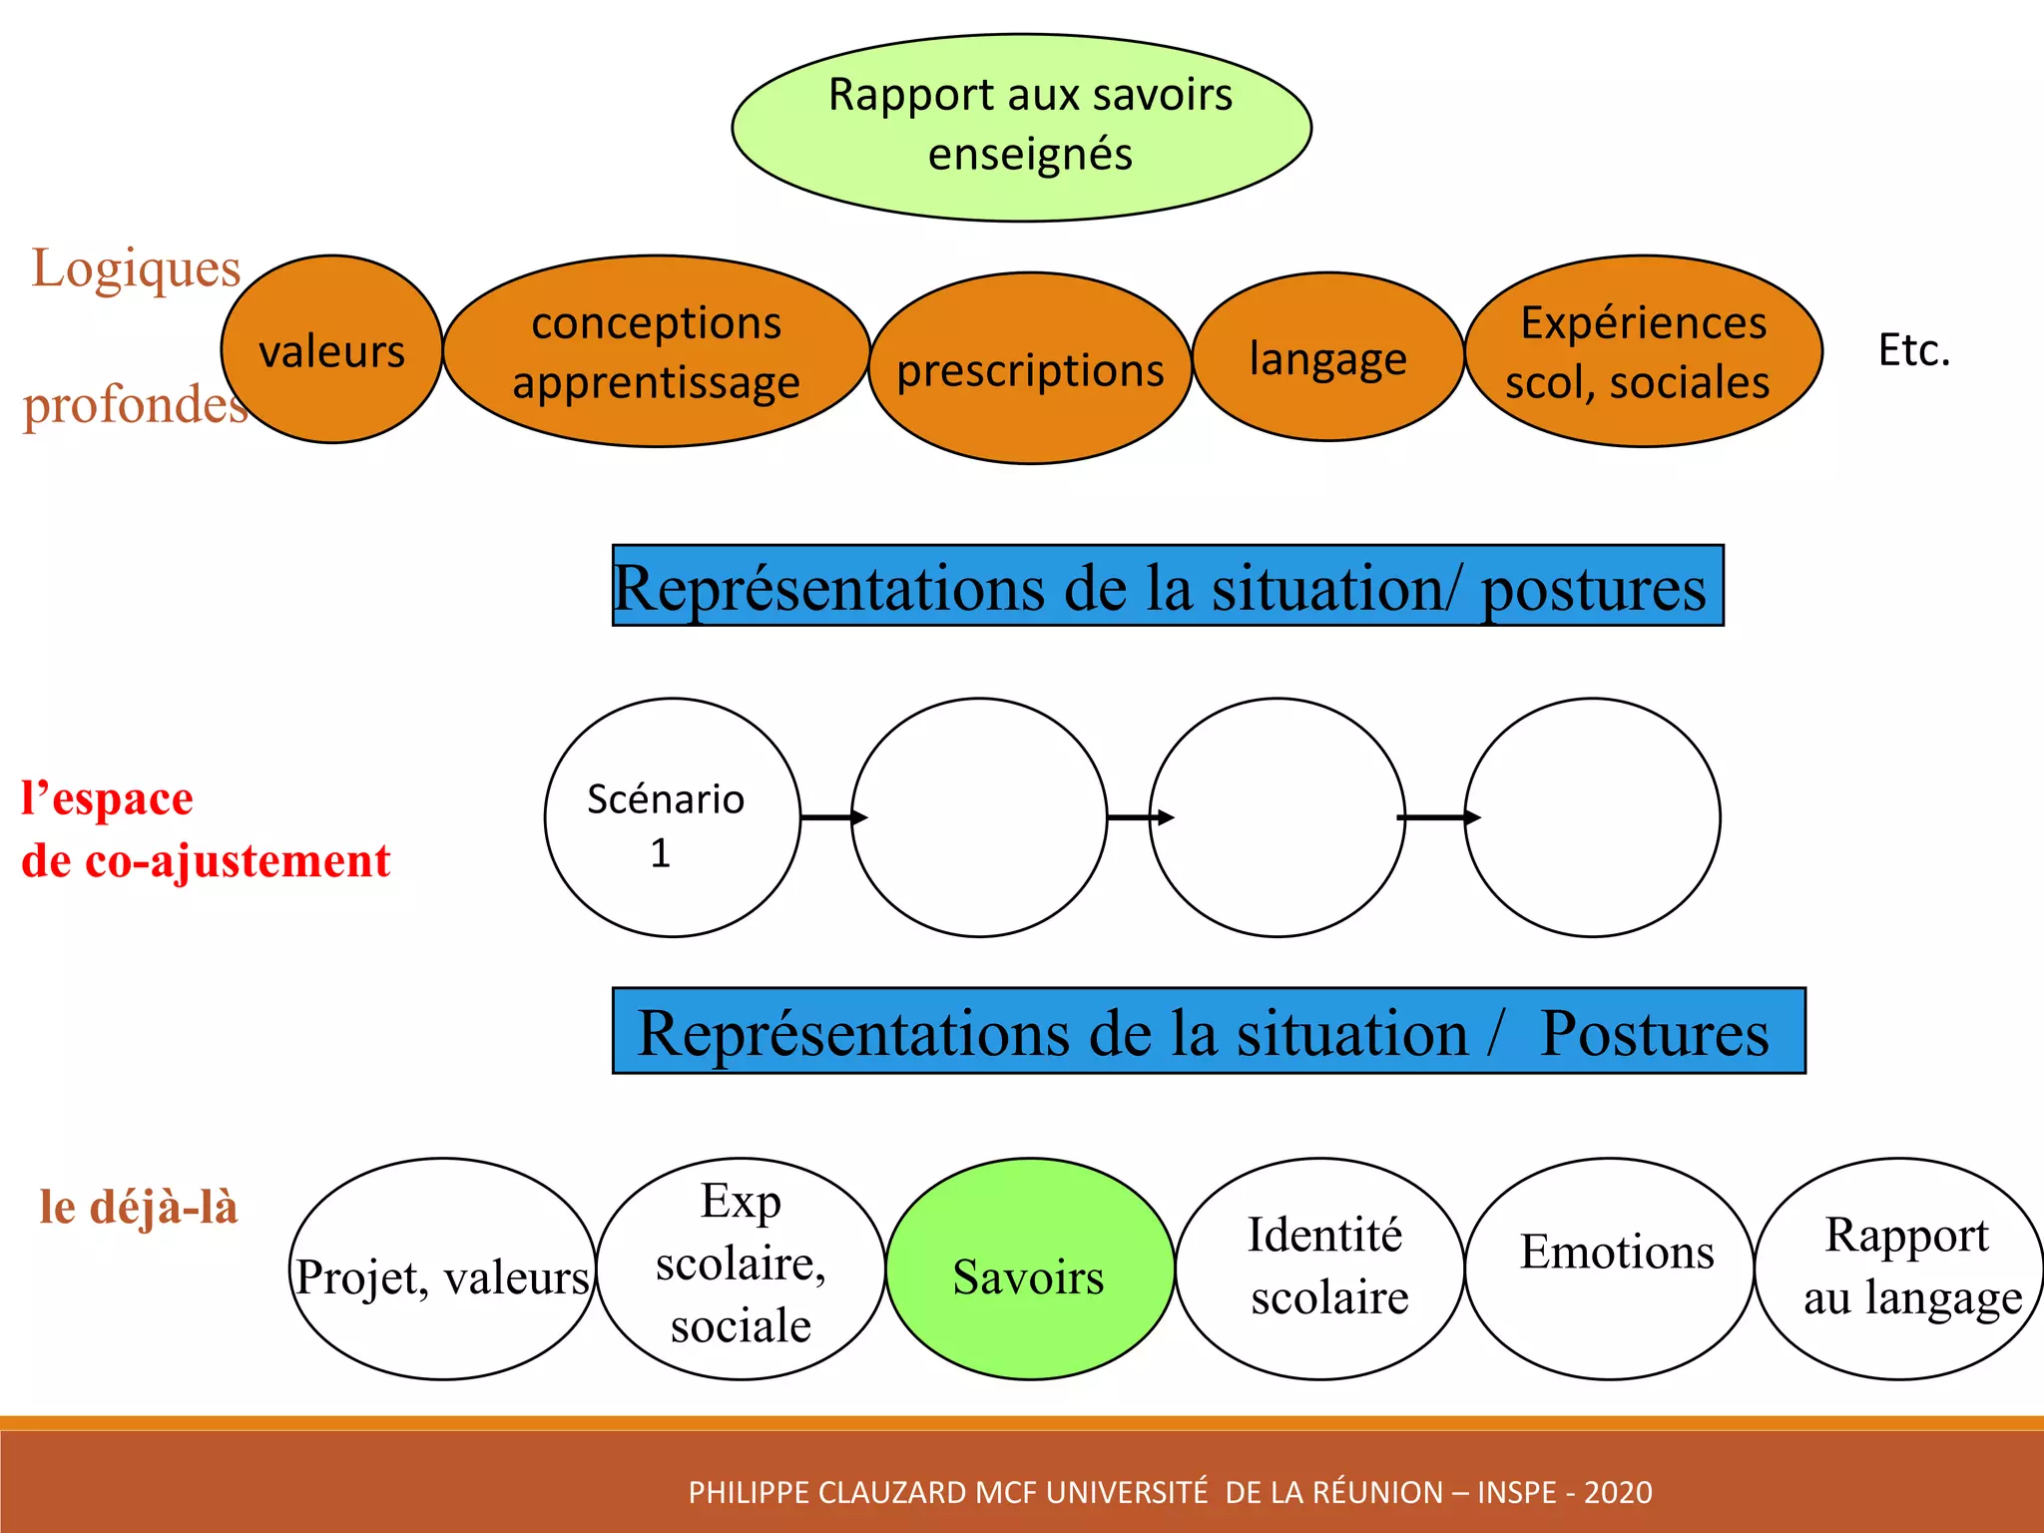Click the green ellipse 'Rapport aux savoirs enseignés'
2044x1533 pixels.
(x=1021, y=127)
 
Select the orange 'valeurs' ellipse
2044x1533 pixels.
(x=331, y=349)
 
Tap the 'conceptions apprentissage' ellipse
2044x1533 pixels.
(x=656, y=351)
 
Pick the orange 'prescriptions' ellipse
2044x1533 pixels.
(x=1030, y=369)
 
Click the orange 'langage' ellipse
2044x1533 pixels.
(x=1327, y=357)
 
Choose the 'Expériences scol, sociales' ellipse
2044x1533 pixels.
(x=1642, y=351)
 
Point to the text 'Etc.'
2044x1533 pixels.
(x=1913, y=350)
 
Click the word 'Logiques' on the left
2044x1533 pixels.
(x=136, y=267)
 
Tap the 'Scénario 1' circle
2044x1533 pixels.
(x=672, y=817)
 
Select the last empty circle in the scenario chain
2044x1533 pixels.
(x=1592, y=817)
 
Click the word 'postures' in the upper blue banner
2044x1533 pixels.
(x=1593, y=588)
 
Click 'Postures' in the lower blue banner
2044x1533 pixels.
(x=1654, y=1032)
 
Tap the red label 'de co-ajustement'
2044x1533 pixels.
(x=206, y=860)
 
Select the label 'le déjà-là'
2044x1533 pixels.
(x=139, y=1207)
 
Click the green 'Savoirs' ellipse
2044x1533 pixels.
(x=1030, y=1270)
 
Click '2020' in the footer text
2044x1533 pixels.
(x=1618, y=1492)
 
